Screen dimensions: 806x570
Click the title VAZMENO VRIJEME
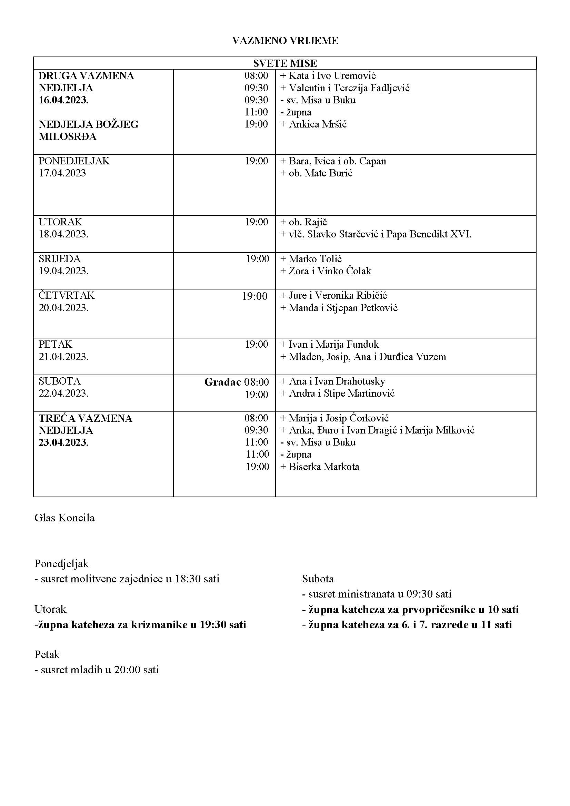(285, 41)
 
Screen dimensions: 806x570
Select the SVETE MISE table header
(285, 63)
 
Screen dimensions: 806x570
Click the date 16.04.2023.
(63, 100)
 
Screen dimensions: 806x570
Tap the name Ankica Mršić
(318, 124)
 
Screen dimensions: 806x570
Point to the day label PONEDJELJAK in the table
(74, 161)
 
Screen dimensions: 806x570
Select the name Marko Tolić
(315, 259)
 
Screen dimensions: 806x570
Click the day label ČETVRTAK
(66, 295)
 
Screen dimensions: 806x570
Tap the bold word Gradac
(223, 382)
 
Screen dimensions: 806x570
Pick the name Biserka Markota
(323, 467)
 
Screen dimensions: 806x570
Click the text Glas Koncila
(64, 518)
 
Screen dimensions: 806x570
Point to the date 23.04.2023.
(63, 442)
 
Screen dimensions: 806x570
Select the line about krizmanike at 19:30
(140, 624)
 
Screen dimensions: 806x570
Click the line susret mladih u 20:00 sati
(97, 670)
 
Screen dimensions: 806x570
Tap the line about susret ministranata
(377, 594)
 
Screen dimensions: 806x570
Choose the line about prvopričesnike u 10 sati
(410, 610)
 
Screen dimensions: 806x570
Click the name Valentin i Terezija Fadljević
(349, 88)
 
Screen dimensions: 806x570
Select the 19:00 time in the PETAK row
(256, 344)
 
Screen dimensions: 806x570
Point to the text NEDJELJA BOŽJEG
(89, 125)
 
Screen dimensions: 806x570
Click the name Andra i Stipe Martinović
(341, 393)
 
